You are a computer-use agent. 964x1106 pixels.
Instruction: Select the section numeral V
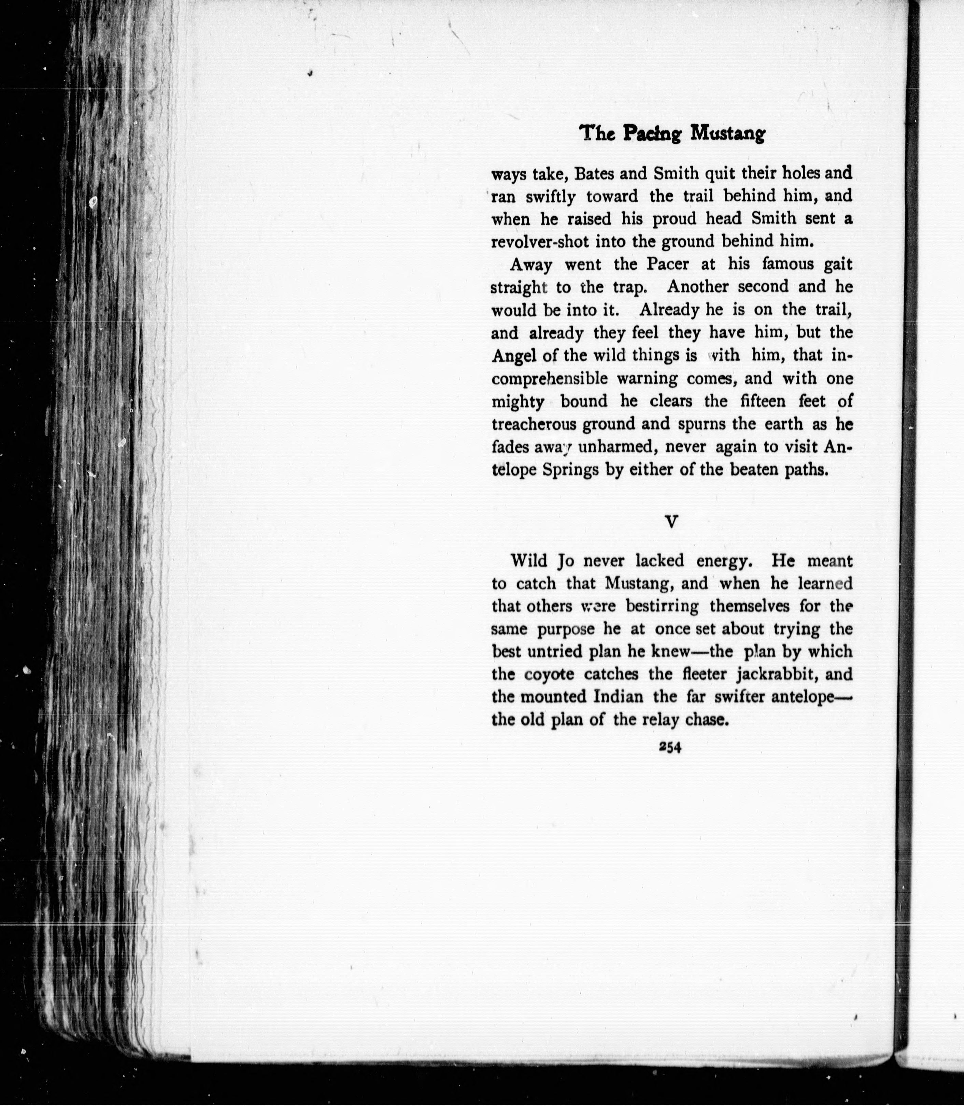click(671, 521)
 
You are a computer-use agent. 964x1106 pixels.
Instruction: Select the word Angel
click(511, 356)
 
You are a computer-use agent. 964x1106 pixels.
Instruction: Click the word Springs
click(570, 470)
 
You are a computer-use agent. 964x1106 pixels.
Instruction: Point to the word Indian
click(618, 697)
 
